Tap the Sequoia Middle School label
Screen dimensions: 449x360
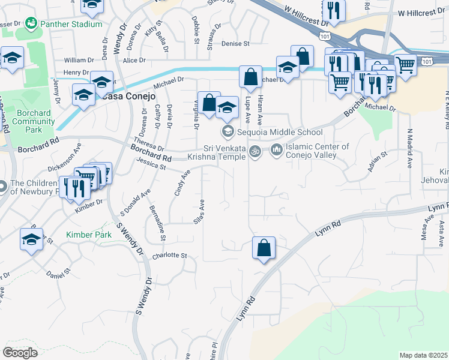280,132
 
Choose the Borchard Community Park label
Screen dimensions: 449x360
33,121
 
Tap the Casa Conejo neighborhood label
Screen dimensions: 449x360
128,96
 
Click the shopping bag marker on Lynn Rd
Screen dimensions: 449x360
264,248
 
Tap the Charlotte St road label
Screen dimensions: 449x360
170,256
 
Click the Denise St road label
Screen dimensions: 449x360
235,44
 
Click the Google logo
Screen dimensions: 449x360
20,352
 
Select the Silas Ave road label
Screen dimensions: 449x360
200,212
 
